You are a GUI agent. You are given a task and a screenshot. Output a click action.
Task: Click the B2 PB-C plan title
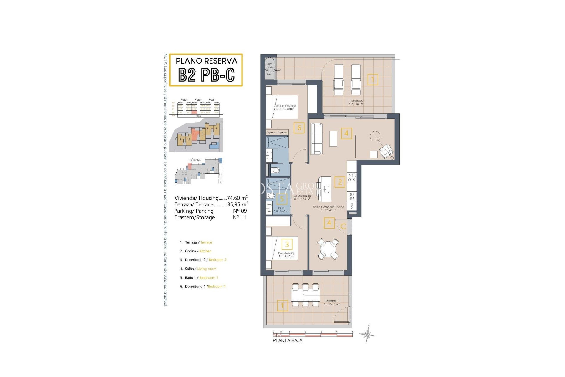206,75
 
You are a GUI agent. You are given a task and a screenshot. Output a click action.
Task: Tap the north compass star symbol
367,335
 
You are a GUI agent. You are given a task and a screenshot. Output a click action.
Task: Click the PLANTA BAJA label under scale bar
287,340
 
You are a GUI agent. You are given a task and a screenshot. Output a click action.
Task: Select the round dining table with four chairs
328,249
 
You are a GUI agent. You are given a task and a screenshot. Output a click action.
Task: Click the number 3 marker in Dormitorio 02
287,244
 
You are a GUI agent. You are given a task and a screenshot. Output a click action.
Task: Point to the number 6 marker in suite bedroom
299,128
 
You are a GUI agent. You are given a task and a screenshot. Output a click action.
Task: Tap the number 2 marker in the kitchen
340,182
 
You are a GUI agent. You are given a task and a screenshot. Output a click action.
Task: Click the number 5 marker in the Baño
282,199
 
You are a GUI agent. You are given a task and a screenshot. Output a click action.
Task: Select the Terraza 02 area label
356,102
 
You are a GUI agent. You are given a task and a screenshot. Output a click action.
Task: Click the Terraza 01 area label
332,302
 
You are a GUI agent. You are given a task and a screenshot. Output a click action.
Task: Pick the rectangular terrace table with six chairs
305,295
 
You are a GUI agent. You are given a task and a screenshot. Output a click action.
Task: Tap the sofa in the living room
317,138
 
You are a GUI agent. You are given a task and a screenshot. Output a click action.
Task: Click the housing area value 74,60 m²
237,198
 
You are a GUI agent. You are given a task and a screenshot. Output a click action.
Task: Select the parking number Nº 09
240,211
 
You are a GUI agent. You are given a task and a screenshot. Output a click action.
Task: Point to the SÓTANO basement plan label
195,160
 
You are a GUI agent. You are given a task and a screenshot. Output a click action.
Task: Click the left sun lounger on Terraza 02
338,80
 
